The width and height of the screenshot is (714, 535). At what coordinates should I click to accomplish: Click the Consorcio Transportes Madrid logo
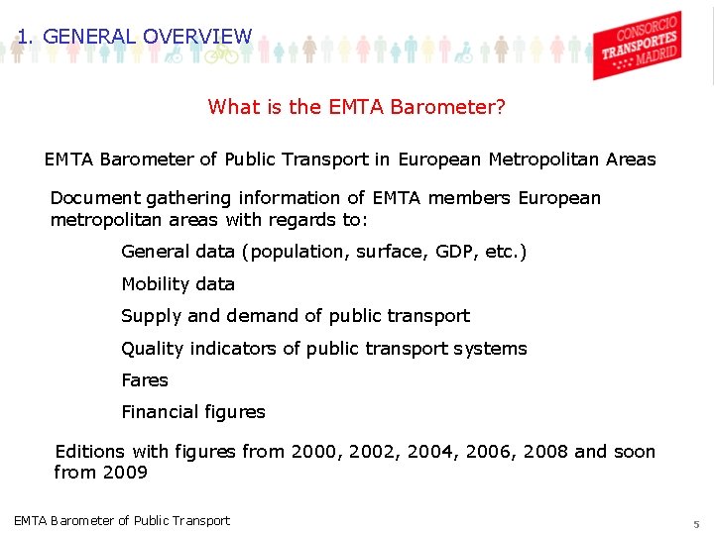click(637, 45)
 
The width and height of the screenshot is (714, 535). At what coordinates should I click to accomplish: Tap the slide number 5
click(696, 522)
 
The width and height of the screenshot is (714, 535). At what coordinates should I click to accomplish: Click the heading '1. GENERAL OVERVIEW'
click(135, 37)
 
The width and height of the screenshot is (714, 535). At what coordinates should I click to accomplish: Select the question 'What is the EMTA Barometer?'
click(356, 107)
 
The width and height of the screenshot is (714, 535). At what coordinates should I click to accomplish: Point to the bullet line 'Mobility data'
click(178, 284)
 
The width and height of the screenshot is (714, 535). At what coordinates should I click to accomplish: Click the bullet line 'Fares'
click(145, 379)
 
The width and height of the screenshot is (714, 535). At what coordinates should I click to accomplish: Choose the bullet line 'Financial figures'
click(193, 411)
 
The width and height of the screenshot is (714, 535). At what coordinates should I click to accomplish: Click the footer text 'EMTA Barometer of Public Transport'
click(122, 520)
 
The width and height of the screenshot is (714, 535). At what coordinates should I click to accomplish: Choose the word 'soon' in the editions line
click(635, 452)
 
